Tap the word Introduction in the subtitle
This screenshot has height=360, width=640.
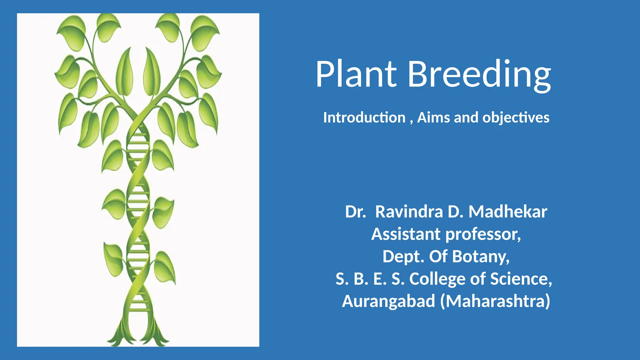click(x=364, y=118)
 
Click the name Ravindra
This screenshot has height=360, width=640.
click(x=409, y=212)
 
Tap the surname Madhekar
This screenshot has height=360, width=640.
click(x=508, y=212)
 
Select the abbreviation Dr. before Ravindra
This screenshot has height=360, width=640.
click(x=355, y=212)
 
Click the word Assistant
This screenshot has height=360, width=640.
click(x=406, y=234)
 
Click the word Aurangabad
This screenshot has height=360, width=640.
click(x=388, y=301)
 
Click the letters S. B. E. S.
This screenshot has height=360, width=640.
click(x=370, y=279)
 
